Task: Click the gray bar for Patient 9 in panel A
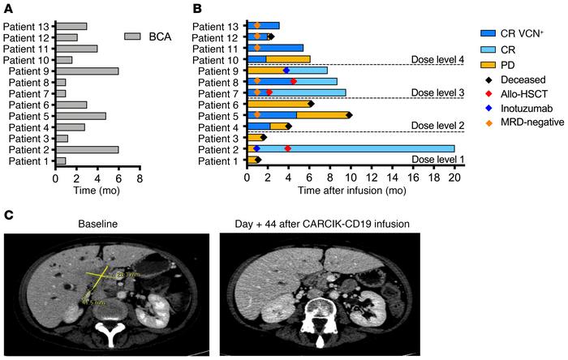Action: pos(86,71)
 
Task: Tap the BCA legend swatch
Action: pos(133,36)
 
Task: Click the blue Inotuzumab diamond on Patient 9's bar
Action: pos(286,71)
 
